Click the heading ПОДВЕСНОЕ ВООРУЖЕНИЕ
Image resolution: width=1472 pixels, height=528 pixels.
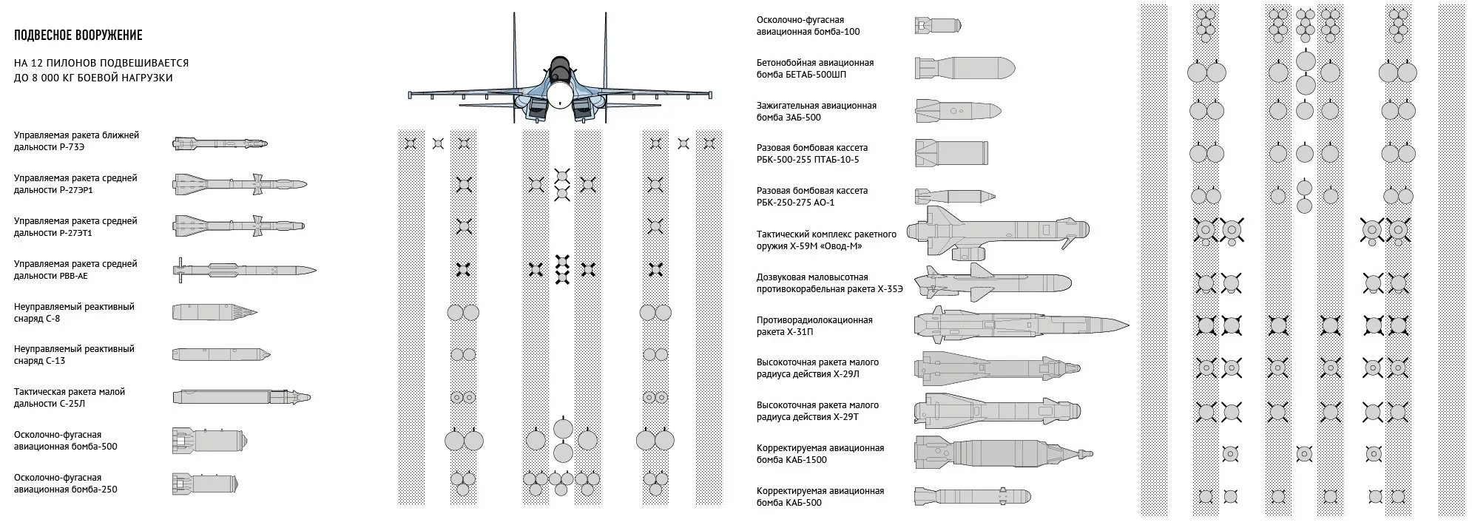78,35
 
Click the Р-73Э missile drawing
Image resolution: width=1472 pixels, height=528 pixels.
220,143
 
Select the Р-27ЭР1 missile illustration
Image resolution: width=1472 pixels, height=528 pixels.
240,184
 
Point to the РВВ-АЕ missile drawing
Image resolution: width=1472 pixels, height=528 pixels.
244,271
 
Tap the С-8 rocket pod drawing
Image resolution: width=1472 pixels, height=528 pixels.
215,312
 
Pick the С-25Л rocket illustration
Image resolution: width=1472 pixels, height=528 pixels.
241,398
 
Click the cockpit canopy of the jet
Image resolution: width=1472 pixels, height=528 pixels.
560,67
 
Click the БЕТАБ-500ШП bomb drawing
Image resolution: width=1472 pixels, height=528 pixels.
965,69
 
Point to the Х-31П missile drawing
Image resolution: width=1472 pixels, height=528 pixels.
1021,325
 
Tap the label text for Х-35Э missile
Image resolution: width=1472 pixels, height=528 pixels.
829,282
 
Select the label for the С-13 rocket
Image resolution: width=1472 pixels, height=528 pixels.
74,354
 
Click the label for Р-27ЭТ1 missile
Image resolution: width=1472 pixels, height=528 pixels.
75,226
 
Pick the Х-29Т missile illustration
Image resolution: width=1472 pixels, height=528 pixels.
997,411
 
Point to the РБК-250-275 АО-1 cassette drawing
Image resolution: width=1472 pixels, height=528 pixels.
954,196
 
